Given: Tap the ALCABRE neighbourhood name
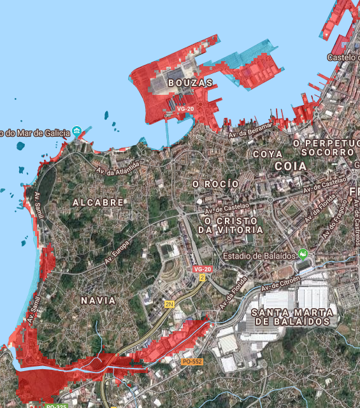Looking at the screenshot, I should click(x=98, y=202).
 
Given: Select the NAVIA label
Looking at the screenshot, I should click(x=99, y=300).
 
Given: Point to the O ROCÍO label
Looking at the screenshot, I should click(x=216, y=184).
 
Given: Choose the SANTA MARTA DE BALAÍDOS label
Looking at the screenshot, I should click(x=292, y=316).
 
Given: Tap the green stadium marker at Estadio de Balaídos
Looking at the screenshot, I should click(x=303, y=255).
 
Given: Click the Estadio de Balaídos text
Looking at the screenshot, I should click(x=259, y=256).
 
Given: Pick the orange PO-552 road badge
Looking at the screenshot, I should click(x=192, y=362).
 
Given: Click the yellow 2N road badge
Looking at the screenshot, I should click(x=169, y=304).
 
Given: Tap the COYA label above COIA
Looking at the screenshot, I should click(x=268, y=154).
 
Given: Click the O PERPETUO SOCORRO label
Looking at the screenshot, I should click(x=326, y=148).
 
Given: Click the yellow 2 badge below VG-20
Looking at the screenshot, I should click(x=203, y=278).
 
